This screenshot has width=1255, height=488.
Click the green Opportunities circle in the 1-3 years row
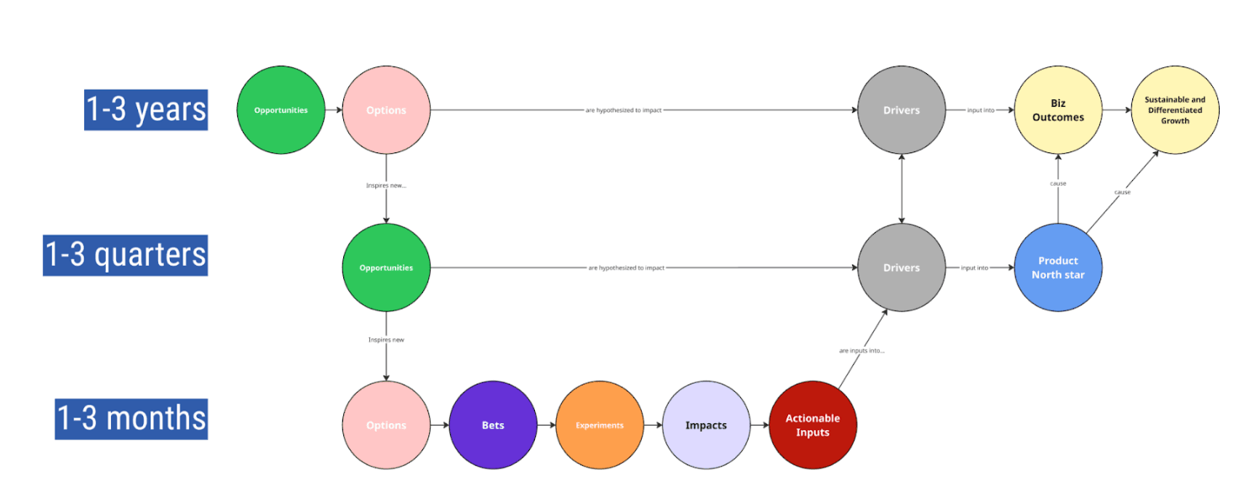click(x=280, y=110)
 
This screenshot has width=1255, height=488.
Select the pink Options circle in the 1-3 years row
click(x=386, y=110)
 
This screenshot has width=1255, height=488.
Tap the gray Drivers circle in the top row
click(x=901, y=110)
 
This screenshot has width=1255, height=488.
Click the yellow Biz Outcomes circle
click(x=1058, y=110)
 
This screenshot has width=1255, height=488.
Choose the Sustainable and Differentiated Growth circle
click(x=1174, y=110)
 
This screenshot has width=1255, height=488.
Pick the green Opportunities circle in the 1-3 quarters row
click(x=386, y=268)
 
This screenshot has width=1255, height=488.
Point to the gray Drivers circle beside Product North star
click(x=901, y=268)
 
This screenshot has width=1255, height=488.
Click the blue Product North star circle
click(x=1058, y=268)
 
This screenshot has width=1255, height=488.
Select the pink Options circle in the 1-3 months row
click(x=386, y=425)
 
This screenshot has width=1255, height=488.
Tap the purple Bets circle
click(x=493, y=425)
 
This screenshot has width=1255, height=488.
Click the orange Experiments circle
click(x=600, y=425)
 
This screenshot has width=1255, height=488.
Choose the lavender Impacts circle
click(x=706, y=425)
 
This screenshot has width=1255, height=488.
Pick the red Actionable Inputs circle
click(x=813, y=425)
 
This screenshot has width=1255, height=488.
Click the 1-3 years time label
click(x=146, y=110)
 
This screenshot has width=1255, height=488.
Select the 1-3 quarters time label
click(x=125, y=255)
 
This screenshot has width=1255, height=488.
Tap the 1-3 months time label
click(x=131, y=418)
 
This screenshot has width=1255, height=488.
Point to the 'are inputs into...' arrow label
click(x=861, y=350)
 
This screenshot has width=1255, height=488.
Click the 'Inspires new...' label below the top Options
click(x=386, y=185)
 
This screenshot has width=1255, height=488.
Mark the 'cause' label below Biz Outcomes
click(x=1058, y=183)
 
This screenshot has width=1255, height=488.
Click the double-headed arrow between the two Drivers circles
click(x=901, y=189)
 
